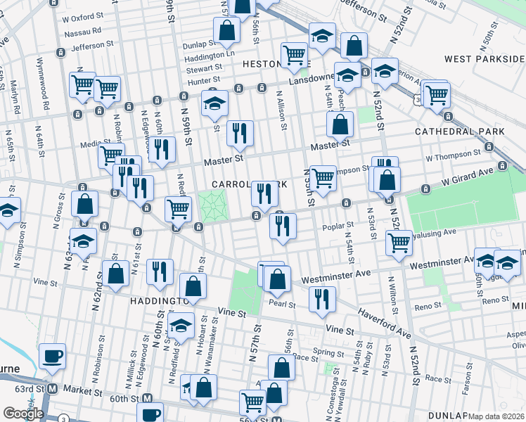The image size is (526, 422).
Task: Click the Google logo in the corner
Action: (x=23, y=414)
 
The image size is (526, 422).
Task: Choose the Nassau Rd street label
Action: (x=82, y=31)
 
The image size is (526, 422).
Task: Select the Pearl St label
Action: (x=282, y=304)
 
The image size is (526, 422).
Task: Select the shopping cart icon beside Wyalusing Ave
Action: (x=399, y=242)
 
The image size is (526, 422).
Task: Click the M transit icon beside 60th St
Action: (x=148, y=399)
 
